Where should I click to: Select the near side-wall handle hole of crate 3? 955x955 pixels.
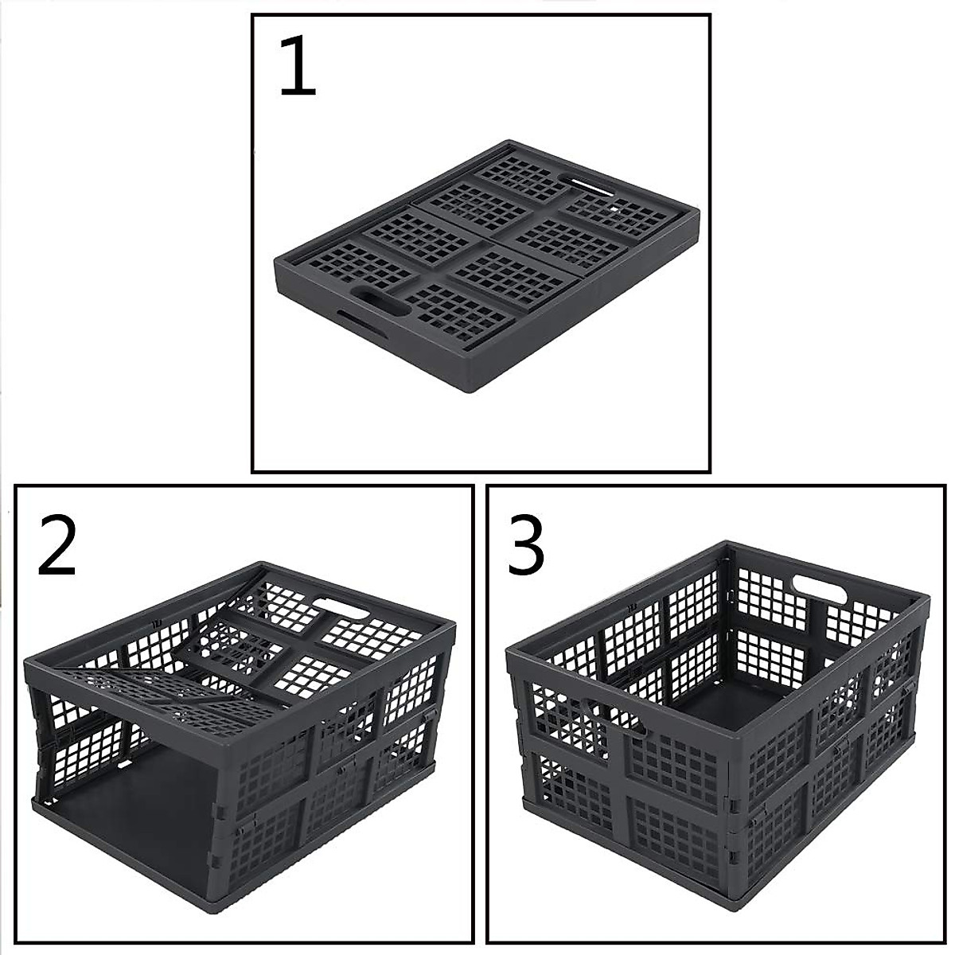click(x=609, y=713)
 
